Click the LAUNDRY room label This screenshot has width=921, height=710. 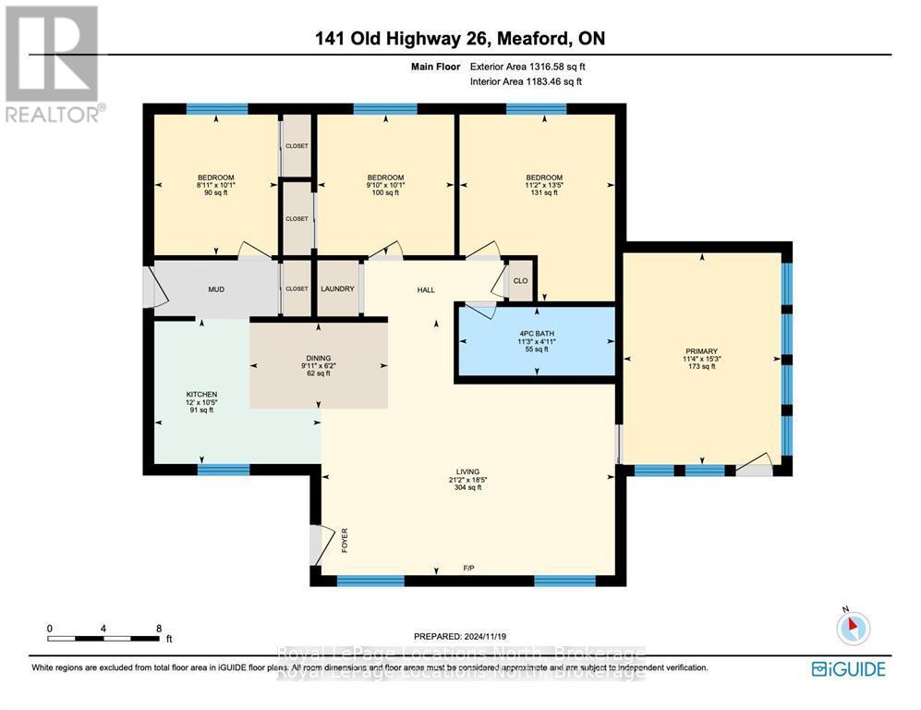coord(337,288)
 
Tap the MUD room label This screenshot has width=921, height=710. coord(215,289)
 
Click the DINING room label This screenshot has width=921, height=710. coord(319,358)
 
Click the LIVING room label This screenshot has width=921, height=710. coord(467,471)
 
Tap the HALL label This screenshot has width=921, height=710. coord(426,290)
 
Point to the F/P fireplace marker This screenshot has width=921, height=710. coord(468,568)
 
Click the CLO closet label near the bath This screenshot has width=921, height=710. coord(520,281)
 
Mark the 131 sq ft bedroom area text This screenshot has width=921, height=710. coord(544,193)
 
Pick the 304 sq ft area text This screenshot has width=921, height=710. coord(467,487)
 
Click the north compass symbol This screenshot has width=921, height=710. coord(852,628)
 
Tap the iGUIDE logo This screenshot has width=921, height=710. coord(848,668)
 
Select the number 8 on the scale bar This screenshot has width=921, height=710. coord(158,628)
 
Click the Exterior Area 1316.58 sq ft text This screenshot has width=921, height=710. coord(527,67)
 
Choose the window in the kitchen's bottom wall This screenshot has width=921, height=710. coord(223,470)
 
